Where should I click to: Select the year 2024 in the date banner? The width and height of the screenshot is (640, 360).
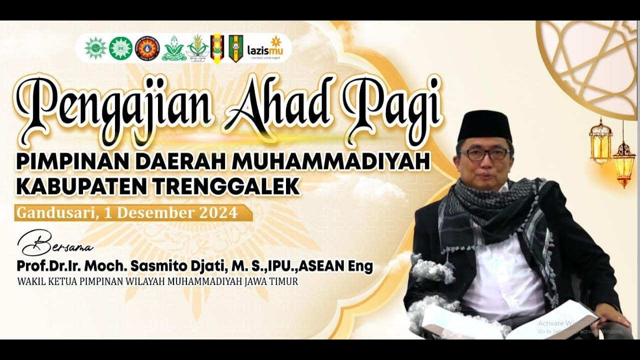click(217, 213)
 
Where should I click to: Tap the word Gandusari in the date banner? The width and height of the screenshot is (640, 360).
click(55, 213)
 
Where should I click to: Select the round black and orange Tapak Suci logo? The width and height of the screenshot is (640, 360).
click(147, 48)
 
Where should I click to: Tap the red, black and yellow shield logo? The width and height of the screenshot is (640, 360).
click(217, 48)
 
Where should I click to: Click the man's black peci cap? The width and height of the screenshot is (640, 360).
click(484, 125)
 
